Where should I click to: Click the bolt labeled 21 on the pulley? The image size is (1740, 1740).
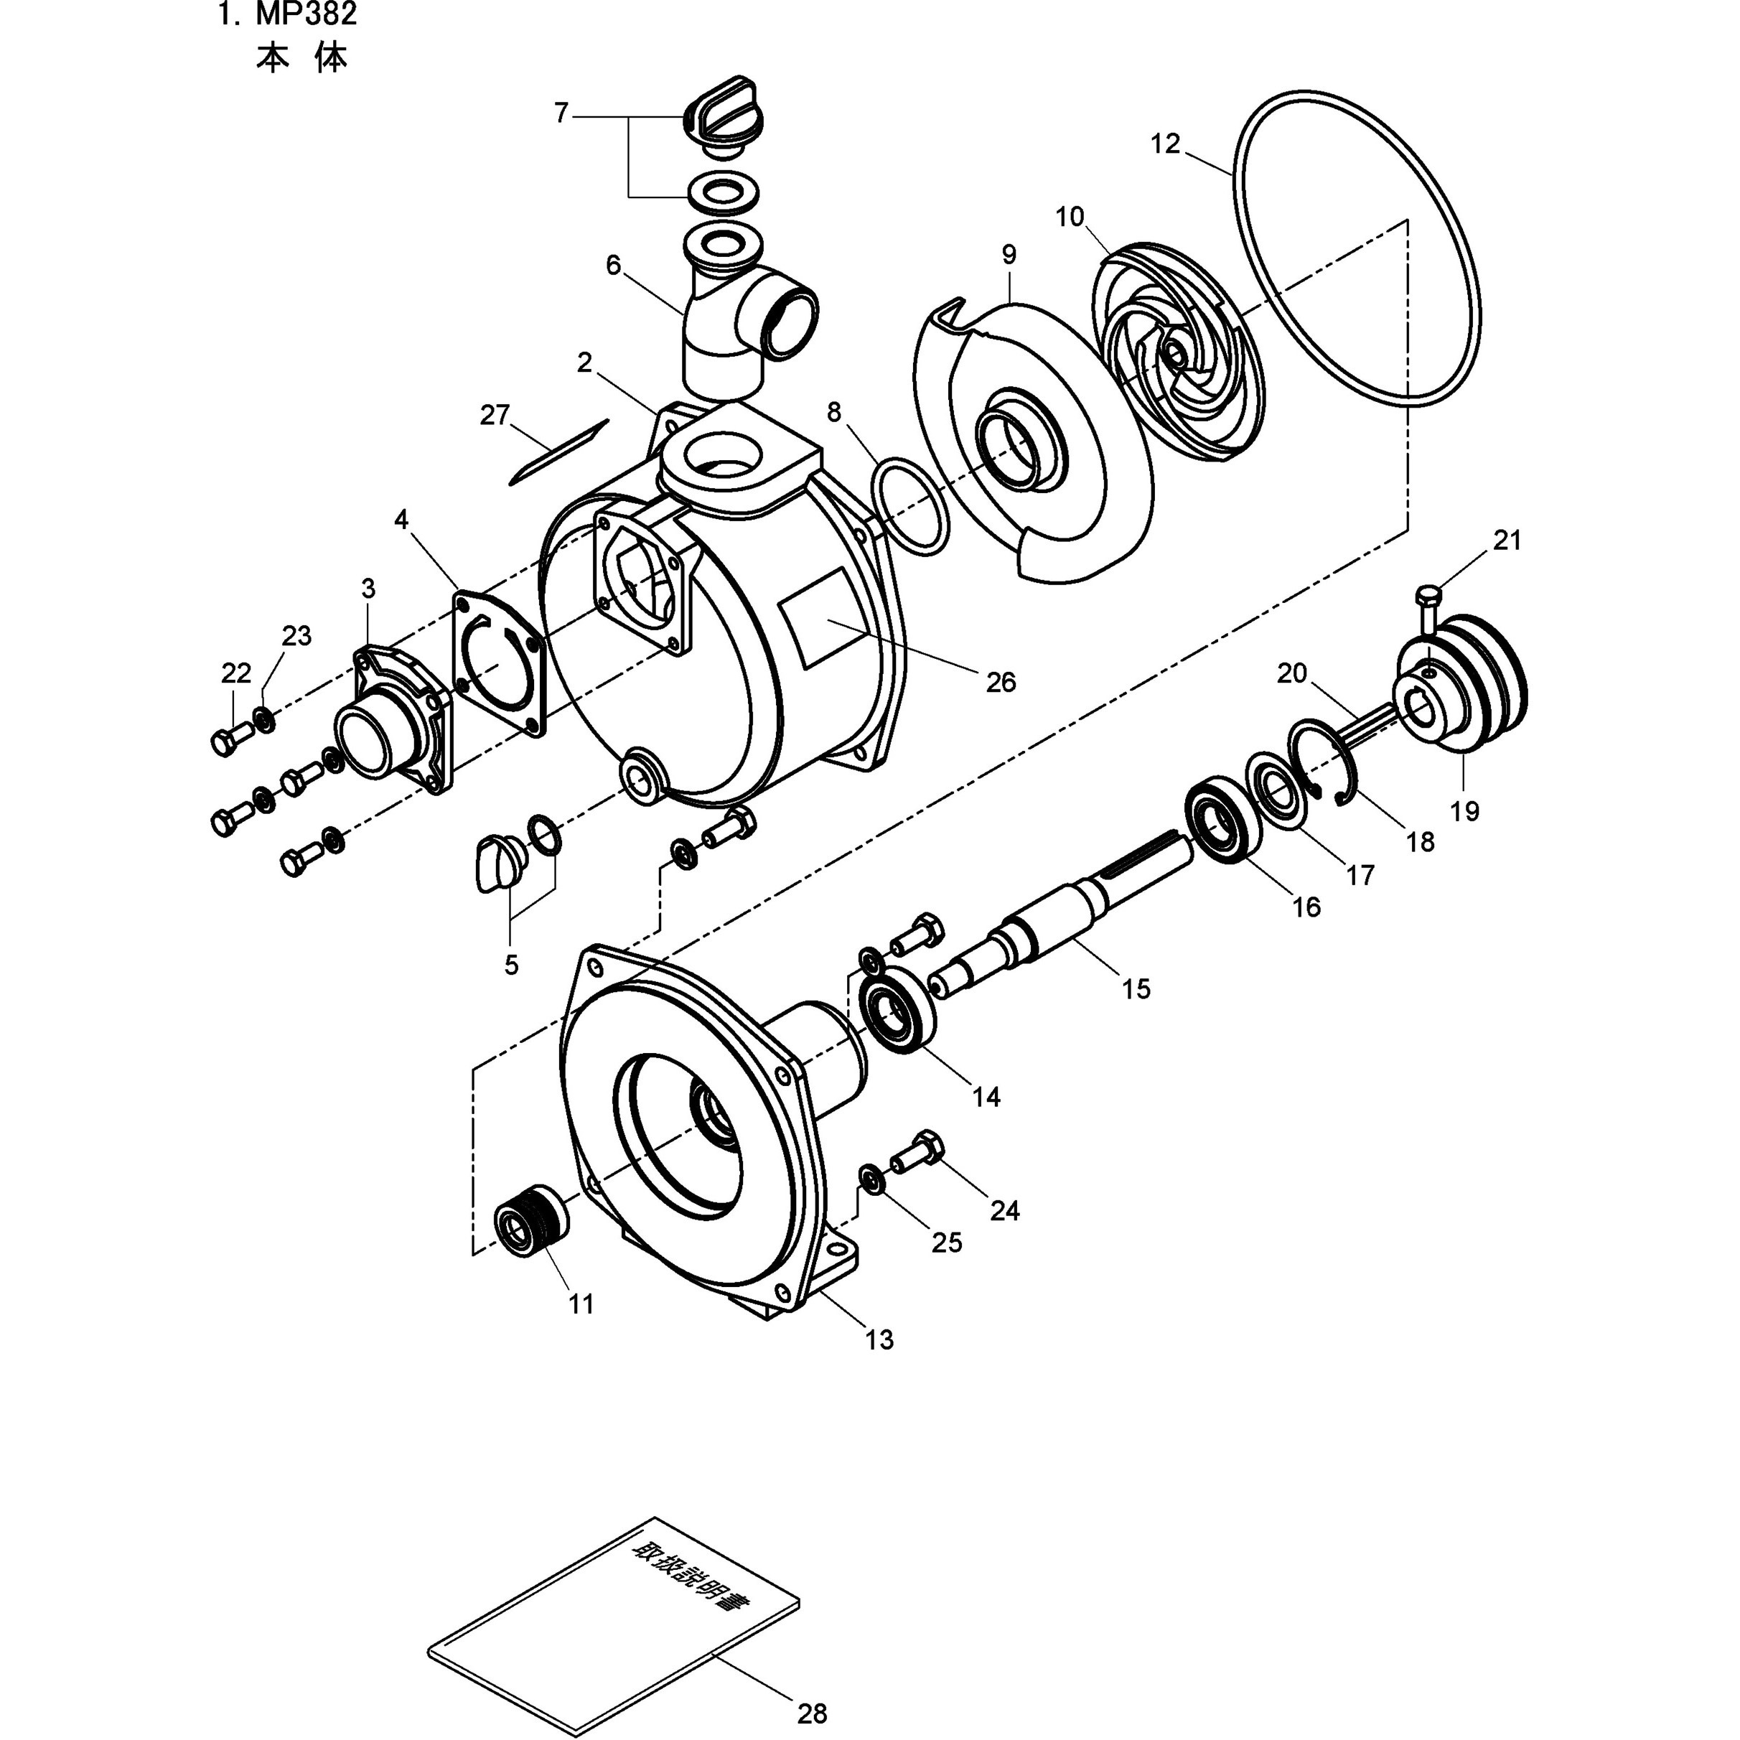pos(1428,609)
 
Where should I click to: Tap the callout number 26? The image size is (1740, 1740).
pos(1001,683)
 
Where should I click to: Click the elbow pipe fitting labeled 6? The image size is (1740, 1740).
pos(739,324)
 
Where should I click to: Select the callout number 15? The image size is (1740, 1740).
pos(1136,989)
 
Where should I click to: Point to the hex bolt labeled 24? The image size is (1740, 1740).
pos(919,1150)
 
